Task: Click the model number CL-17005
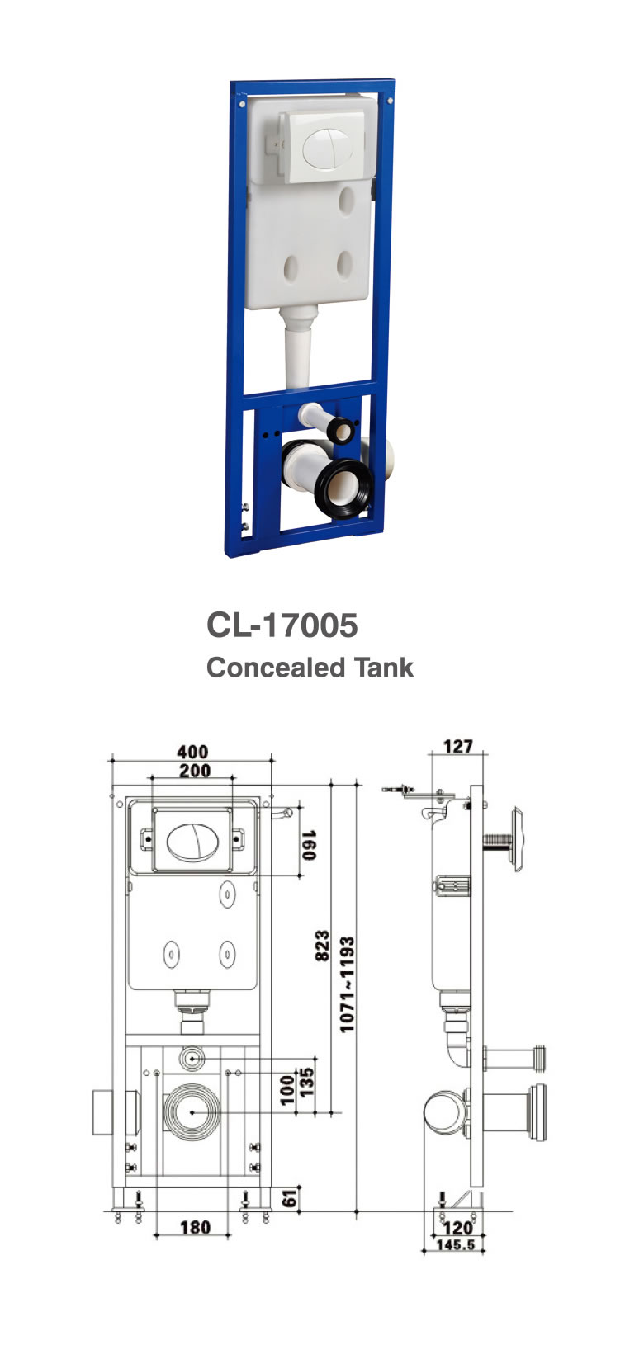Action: tap(282, 625)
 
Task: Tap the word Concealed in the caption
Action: tap(276, 668)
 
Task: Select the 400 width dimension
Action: tap(192, 752)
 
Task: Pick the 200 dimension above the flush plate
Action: tap(195, 771)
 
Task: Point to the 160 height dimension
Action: tap(309, 845)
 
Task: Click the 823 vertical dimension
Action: tap(322, 946)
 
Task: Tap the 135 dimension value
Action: tap(306, 1081)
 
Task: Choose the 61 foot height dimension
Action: tap(291, 1198)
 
